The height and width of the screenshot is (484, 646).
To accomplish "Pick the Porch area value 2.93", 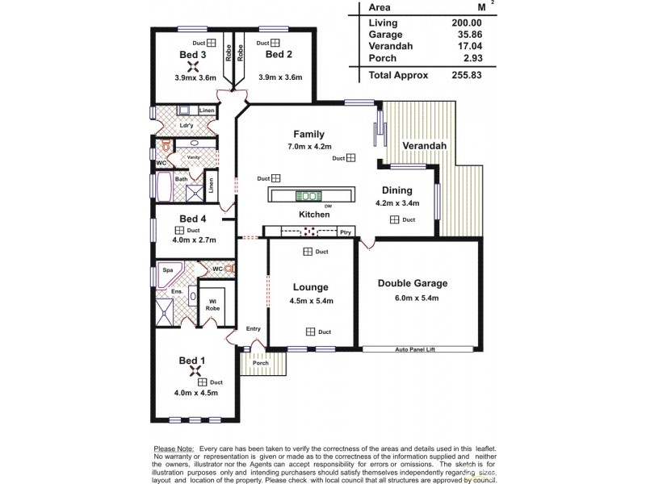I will [x=471, y=57].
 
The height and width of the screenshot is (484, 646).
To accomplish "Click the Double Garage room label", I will [x=413, y=283].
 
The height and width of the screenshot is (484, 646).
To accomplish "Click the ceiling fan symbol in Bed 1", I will [x=195, y=372].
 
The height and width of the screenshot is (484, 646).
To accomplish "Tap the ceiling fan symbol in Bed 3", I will [x=192, y=68].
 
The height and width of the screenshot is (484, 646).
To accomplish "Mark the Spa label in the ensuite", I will [x=168, y=270].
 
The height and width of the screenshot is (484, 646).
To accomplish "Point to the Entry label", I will [x=254, y=330].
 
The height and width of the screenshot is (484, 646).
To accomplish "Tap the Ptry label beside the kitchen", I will [x=345, y=232].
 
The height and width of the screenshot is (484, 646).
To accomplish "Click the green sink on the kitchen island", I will [x=308, y=196].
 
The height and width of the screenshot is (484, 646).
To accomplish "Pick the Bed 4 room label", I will [x=194, y=219].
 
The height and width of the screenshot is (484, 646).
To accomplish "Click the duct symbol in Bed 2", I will [x=275, y=43].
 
